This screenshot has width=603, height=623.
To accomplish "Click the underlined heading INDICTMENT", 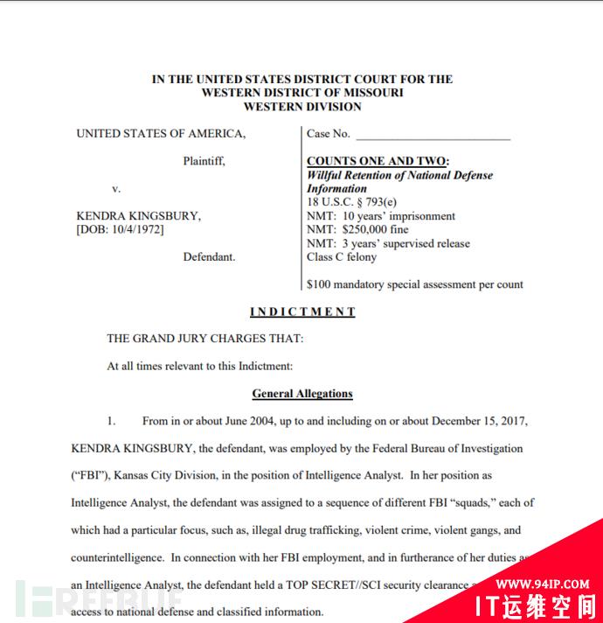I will point(302,311).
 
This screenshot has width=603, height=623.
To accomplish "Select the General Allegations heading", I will point(302,394).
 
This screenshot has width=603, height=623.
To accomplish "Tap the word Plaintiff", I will point(204,161).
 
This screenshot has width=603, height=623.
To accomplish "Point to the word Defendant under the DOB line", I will point(209,257).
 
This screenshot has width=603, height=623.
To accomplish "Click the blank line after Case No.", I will point(433,136).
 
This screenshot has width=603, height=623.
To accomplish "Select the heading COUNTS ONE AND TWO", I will point(378,161).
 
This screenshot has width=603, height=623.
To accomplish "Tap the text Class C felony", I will point(342,257).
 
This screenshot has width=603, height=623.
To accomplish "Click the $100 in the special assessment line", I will point(321,284).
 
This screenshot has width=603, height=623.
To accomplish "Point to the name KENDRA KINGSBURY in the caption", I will point(138,216).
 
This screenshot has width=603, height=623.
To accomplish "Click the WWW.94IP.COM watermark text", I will point(543,584).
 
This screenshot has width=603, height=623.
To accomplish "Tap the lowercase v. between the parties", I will point(116,189).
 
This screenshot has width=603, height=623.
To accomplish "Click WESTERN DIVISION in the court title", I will point(302,107).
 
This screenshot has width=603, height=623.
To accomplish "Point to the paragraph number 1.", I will point(111,421).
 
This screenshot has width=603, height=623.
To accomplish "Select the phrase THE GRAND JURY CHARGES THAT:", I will point(205,339).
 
